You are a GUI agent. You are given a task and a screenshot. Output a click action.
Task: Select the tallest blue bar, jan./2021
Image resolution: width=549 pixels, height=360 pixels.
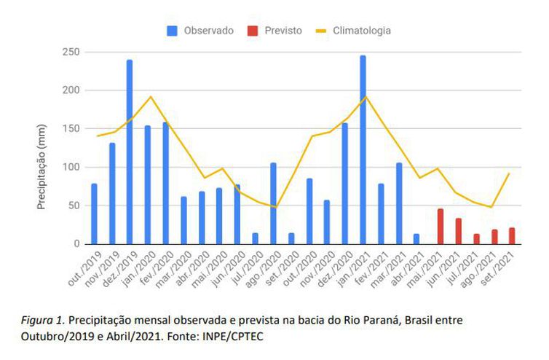click(363, 149)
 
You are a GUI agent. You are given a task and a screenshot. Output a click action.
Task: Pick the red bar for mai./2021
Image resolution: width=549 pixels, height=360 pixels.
click(441, 226)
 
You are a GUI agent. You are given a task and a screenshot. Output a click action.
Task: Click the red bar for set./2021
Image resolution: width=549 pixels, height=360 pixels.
click(512, 235)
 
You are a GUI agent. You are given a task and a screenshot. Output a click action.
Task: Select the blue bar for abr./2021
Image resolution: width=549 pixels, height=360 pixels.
click(416, 238)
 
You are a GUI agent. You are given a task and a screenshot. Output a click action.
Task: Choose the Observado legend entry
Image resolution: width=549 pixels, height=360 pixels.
click(201, 31)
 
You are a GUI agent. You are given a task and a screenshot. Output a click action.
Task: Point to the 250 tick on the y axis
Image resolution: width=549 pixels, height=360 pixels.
click(70, 52)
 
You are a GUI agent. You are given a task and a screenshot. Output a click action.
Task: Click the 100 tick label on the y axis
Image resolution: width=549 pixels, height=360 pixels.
click(70, 167)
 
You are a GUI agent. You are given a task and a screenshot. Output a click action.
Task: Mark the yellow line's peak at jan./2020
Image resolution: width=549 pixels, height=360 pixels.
click(151, 97)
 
